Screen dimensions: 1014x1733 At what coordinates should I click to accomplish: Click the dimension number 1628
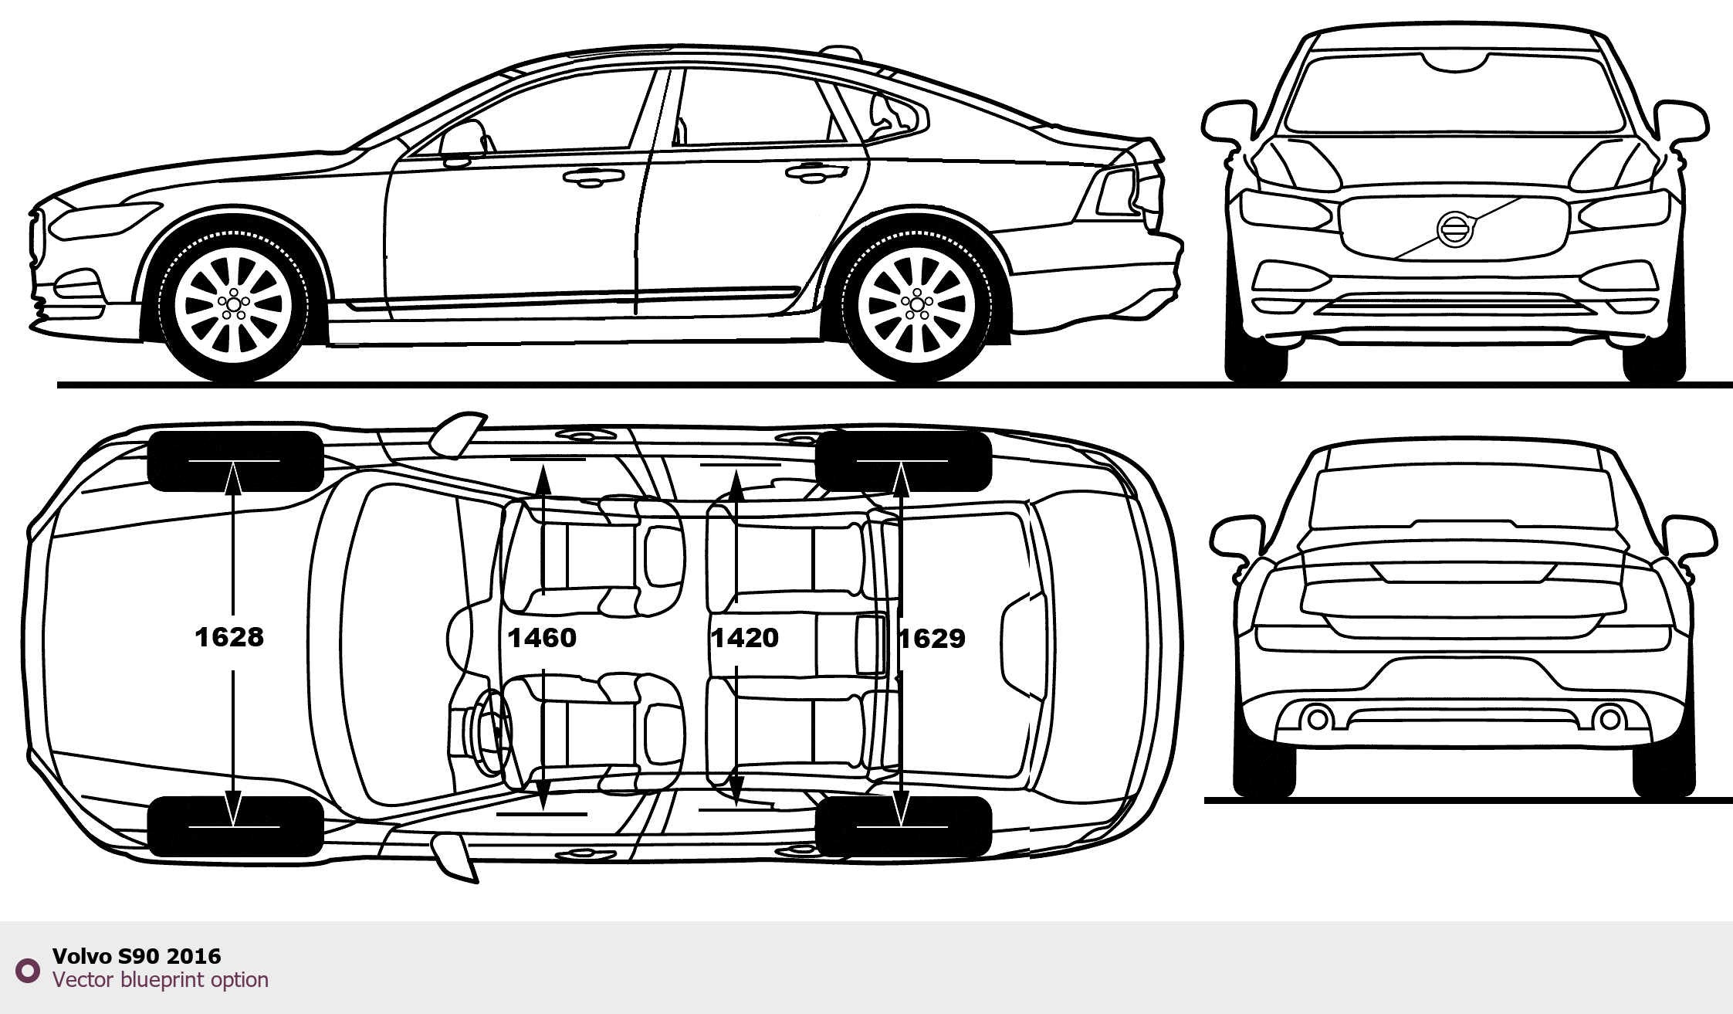click(229, 637)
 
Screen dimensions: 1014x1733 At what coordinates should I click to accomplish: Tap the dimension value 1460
click(542, 638)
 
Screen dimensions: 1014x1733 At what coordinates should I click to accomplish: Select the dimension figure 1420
click(745, 638)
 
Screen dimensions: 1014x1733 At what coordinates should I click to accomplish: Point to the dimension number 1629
click(933, 639)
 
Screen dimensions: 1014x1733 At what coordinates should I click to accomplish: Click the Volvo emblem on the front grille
click(1454, 229)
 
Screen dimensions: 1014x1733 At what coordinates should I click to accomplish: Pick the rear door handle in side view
click(815, 173)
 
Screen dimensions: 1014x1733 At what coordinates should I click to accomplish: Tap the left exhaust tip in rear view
click(1317, 719)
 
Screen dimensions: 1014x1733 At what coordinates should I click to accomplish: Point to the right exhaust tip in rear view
click(1610, 719)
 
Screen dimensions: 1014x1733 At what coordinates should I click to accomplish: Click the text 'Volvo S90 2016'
click(137, 956)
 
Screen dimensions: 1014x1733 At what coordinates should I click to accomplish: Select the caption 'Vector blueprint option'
click(161, 980)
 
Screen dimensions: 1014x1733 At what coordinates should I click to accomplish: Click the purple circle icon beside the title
click(28, 970)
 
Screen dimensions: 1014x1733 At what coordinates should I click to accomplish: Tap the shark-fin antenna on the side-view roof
click(840, 53)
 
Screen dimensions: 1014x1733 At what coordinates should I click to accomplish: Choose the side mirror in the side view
click(462, 142)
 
